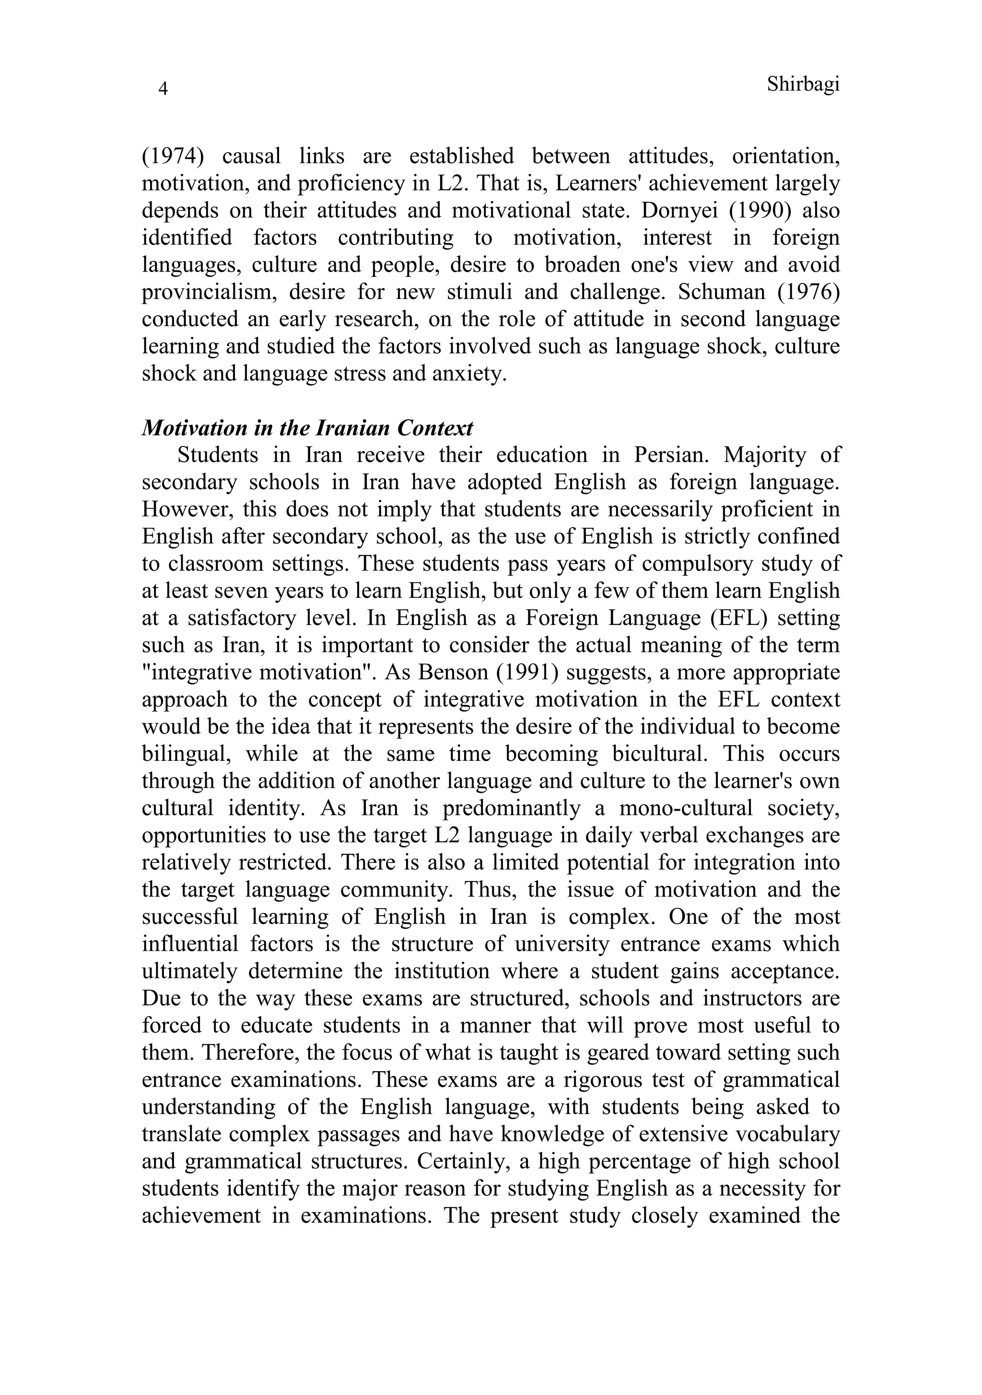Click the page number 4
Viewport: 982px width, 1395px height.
(163, 89)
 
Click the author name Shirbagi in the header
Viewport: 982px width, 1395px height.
(802, 84)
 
